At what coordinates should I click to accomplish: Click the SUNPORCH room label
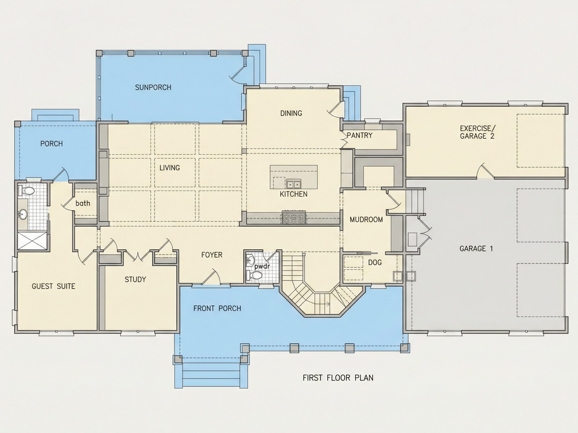tap(153, 87)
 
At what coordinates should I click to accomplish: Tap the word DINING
tap(291, 113)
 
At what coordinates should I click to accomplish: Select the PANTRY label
tap(359, 135)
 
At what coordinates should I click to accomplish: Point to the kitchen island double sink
tap(294, 184)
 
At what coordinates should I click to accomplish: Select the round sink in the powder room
tap(251, 260)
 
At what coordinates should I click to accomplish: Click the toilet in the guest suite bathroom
tap(26, 191)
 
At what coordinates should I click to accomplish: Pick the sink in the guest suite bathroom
tap(23, 214)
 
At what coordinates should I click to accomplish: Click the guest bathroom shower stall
tap(33, 240)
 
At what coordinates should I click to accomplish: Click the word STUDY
tap(135, 280)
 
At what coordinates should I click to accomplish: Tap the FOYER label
tap(212, 255)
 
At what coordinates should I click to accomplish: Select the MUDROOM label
tap(366, 220)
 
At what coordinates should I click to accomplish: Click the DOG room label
tap(375, 262)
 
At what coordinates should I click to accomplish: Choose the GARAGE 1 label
tap(476, 249)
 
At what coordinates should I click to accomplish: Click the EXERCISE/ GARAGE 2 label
tap(477, 132)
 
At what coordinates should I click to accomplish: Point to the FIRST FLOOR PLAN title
tap(338, 378)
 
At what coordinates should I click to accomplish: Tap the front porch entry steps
tap(211, 375)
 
